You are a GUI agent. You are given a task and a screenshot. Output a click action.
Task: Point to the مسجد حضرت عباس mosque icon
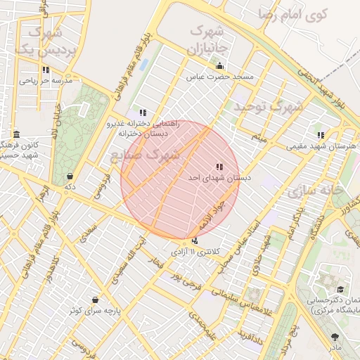click(x=219, y=66)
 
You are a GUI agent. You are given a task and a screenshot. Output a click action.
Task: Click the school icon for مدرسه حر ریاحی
click(x=46, y=70)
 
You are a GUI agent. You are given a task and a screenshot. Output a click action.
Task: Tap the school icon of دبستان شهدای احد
click(x=219, y=167)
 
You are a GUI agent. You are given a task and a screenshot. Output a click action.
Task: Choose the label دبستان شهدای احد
click(x=219, y=179)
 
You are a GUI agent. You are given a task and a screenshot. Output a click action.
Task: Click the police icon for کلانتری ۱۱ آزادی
click(x=195, y=242)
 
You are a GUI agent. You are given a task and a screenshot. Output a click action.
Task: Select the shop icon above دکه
click(x=70, y=176)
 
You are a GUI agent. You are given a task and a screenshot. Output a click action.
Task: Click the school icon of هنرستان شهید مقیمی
click(x=321, y=135)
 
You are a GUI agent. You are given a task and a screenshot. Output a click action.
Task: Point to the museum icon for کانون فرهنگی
click(x=16, y=134)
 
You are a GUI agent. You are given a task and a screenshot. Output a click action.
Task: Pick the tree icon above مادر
click(x=334, y=337)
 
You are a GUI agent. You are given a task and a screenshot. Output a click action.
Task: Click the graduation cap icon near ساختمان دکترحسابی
click(x=340, y=289)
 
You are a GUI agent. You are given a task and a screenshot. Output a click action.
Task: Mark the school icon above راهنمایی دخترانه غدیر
click(x=143, y=112)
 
